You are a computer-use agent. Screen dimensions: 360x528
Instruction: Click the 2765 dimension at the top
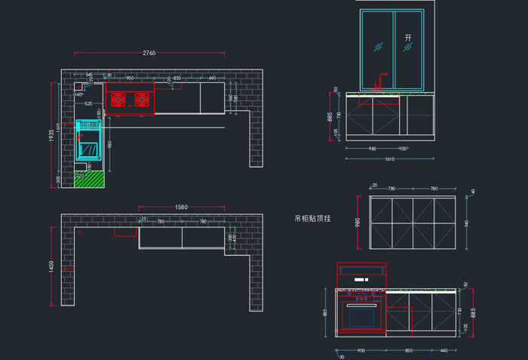click(x=149, y=53)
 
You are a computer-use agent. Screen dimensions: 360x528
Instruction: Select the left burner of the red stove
click(x=118, y=99)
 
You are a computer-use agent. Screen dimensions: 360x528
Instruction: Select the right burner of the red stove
click(x=140, y=99)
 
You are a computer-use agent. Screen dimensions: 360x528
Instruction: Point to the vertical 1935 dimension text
click(x=51, y=134)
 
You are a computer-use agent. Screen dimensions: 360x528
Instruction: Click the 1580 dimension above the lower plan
click(x=181, y=206)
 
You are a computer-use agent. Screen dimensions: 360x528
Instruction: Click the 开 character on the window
click(x=408, y=37)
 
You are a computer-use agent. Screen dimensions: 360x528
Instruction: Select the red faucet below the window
click(x=381, y=78)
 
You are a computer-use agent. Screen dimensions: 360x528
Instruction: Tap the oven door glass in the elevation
click(x=361, y=315)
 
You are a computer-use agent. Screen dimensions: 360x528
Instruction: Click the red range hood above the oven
click(x=361, y=275)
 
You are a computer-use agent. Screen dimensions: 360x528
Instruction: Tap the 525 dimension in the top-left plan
click(x=88, y=103)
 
